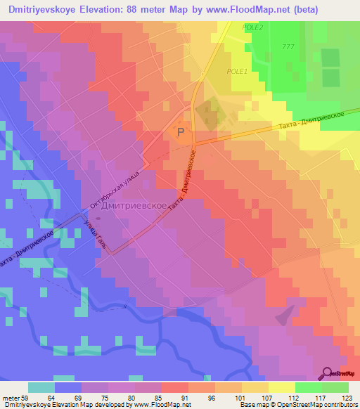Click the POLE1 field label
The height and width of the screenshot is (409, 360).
[x=237, y=71]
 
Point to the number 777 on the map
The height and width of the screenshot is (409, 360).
[x=288, y=46]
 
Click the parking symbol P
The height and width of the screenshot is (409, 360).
[x=182, y=131]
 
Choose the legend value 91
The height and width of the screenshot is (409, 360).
[x=175, y=397]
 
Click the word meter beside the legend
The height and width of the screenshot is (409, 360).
[x=13, y=397]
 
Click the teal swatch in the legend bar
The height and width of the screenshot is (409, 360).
[x=41, y=387]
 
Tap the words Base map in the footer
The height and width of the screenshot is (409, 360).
[x=250, y=405]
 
